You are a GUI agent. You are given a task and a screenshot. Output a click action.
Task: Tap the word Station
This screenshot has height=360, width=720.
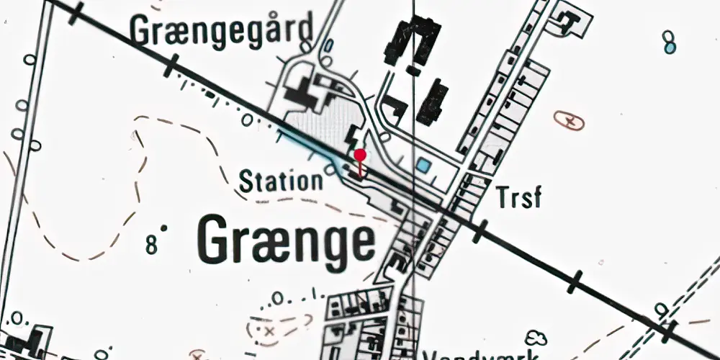(281, 180)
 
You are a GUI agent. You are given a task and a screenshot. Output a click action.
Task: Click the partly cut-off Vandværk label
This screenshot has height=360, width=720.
(482, 354)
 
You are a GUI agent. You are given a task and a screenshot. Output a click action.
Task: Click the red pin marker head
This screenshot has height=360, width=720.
(360, 155)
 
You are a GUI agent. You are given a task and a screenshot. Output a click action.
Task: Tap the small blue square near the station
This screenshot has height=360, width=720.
(423, 166)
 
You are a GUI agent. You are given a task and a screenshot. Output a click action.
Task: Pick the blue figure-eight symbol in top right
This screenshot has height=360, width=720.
(670, 42)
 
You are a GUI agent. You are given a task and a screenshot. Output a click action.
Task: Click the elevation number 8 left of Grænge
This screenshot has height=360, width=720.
(151, 245)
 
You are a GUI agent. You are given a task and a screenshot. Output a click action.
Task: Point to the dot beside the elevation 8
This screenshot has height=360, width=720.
(164, 229)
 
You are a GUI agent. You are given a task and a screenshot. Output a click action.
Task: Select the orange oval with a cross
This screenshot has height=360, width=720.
(569, 120)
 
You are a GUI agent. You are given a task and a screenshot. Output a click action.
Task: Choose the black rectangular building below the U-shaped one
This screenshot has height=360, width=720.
(432, 103)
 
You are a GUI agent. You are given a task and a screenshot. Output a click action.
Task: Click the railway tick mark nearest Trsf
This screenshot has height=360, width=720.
(480, 231)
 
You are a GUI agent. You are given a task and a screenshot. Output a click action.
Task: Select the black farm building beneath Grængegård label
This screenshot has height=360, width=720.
(302, 91)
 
